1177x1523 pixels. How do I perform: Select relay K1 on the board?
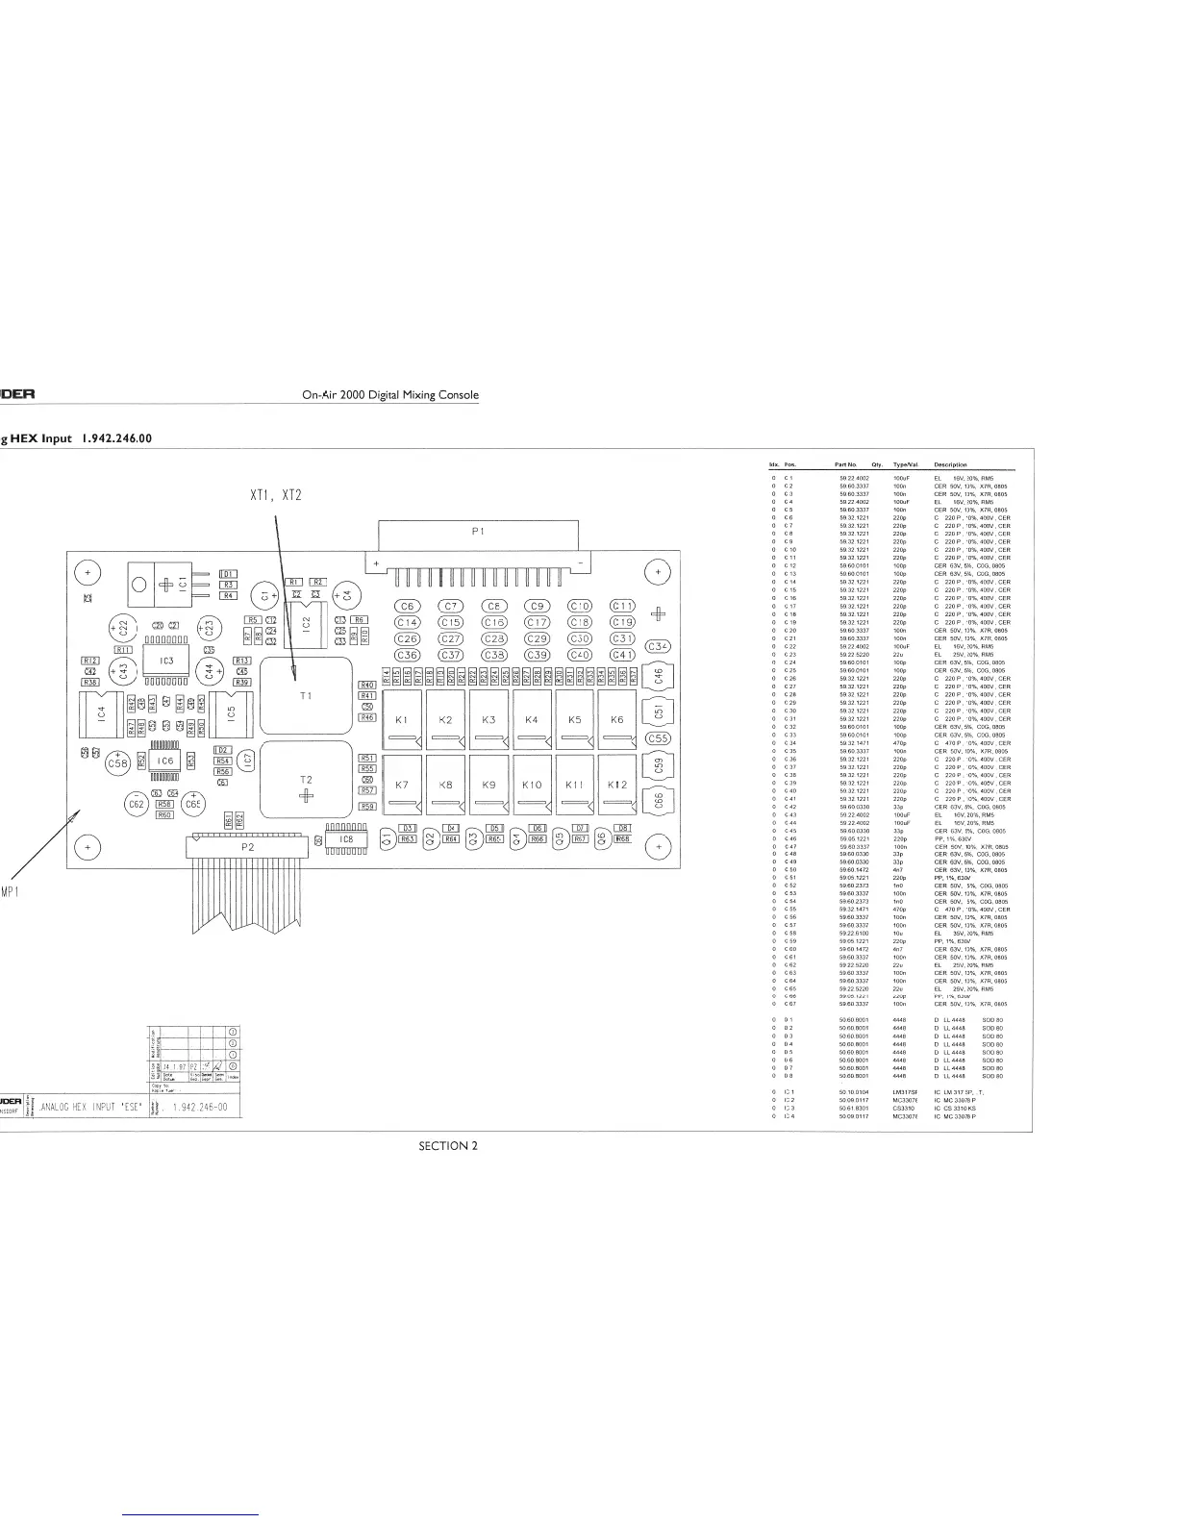pyautogui.click(x=402, y=719)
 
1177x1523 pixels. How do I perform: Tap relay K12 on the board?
pyautogui.click(x=617, y=785)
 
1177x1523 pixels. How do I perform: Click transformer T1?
pyautogui.click(x=306, y=695)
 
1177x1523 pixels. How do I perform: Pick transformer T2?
pyautogui.click(x=306, y=779)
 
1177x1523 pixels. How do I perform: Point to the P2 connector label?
pyautogui.click(x=248, y=847)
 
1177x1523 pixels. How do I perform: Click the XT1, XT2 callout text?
pyautogui.click(x=275, y=496)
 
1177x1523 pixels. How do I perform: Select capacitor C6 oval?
pyautogui.click(x=408, y=606)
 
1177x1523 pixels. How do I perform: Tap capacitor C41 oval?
pyautogui.click(x=622, y=655)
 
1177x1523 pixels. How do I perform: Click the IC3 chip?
pyautogui.click(x=166, y=661)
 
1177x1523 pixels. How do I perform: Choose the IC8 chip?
pyautogui.click(x=346, y=839)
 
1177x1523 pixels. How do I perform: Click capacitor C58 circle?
pyautogui.click(x=117, y=763)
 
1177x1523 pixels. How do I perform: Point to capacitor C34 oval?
pyautogui.click(x=658, y=646)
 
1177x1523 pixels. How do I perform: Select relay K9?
pyautogui.click(x=488, y=785)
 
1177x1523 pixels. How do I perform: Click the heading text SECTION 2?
pyautogui.click(x=447, y=1145)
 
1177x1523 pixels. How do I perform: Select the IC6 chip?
pyautogui.click(x=164, y=761)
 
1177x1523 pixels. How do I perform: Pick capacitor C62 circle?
pyautogui.click(x=136, y=803)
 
